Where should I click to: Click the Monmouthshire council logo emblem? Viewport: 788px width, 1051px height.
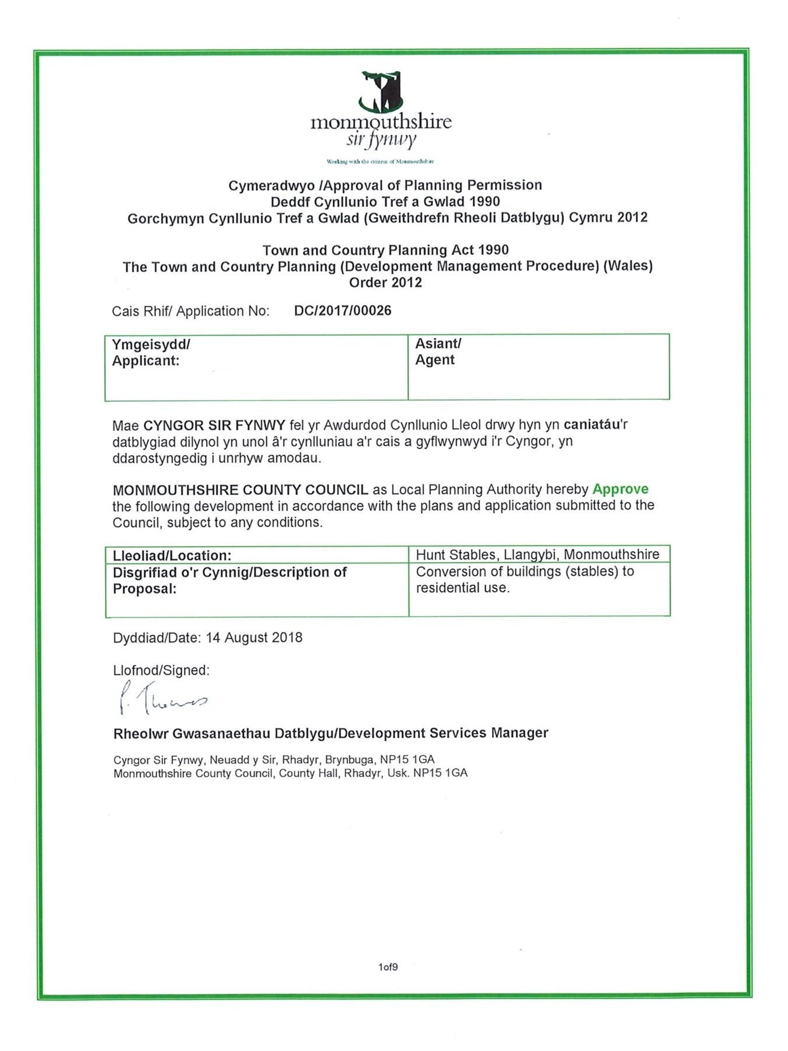pyautogui.click(x=381, y=92)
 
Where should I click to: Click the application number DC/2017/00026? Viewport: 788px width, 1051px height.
pyautogui.click(x=343, y=310)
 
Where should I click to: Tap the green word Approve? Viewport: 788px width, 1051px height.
pyautogui.click(x=620, y=489)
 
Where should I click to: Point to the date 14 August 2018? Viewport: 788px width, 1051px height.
pyautogui.click(x=254, y=637)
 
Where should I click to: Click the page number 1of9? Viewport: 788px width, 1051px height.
pyautogui.click(x=388, y=967)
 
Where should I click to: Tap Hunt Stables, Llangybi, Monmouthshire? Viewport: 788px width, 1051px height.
pyautogui.click(x=538, y=554)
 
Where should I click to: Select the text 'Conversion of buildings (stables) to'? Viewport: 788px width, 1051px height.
pyautogui.click(x=525, y=571)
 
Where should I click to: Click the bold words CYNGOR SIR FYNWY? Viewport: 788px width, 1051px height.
pyautogui.click(x=214, y=425)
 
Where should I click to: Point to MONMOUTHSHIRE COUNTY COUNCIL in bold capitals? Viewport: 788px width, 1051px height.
pyautogui.click(x=240, y=489)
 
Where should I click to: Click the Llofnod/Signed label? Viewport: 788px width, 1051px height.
pyautogui.click(x=161, y=670)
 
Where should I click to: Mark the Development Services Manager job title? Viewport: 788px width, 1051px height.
pyautogui.click(x=443, y=733)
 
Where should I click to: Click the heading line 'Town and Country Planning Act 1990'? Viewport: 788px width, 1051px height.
pyautogui.click(x=385, y=250)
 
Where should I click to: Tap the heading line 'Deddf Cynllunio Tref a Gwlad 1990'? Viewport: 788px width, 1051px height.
pyautogui.click(x=385, y=202)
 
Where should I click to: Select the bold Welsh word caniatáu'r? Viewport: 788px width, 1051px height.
pyautogui.click(x=595, y=425)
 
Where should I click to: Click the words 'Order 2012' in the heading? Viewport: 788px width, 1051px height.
pyautogui.click(x=385, y=283)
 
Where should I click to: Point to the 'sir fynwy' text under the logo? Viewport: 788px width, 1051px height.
pyautogui.click(x=381, y=140)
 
